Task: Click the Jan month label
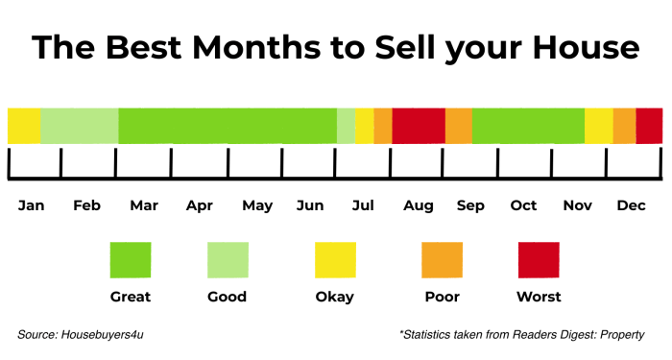[32, 205]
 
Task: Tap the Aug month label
[419, 205]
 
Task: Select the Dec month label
[631, 205]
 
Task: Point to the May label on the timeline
[257, 205]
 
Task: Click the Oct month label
[523, 205]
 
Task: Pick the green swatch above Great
[131, 260]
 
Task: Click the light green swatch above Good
[228, 260]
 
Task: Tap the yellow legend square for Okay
[335, 260]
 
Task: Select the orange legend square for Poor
[442, 260]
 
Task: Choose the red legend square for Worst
[539, 260]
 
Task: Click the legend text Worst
[539, 297]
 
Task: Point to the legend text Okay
[335, 297]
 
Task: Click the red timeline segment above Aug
[419, 126]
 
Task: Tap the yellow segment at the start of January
[24, 126]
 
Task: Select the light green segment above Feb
[79, 126]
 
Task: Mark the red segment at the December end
[649, 126]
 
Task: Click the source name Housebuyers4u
[103, 334]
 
